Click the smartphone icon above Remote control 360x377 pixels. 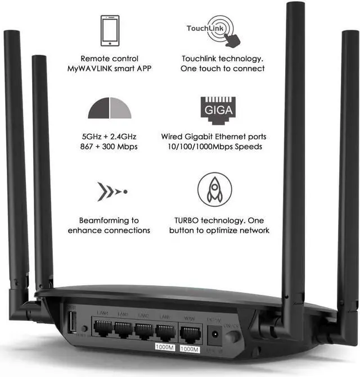click(109, 30)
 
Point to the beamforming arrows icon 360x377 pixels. click(111, 192)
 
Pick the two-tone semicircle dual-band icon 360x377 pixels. click(109, 108)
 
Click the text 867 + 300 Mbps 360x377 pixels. click(109, 147)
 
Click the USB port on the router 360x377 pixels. click(72, 324)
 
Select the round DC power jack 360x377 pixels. click(214, 335)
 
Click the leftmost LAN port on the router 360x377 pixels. click(102, 327)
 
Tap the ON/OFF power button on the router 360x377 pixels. click(232, 337)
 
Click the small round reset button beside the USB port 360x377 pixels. click(84, 328)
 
